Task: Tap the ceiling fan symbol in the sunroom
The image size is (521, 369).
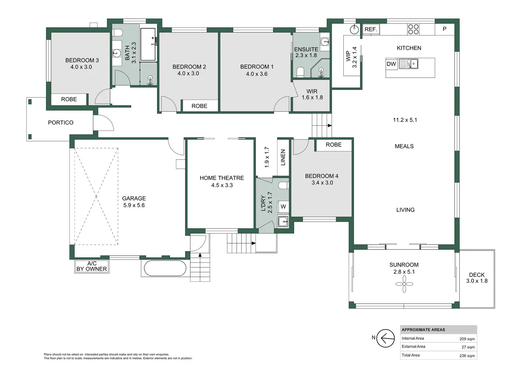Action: coord(404,284)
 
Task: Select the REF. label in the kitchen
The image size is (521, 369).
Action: coord(371,29)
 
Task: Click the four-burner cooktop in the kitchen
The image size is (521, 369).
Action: coord(413,29)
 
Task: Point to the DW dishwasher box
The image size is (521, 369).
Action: coord(391,64)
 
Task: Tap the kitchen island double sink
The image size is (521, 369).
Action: coord(409,64)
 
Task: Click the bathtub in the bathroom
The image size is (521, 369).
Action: coord(148,45)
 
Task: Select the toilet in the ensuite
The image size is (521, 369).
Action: coord(300,72)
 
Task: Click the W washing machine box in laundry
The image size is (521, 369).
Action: coord(283,207)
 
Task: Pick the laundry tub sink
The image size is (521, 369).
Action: coord(283,222)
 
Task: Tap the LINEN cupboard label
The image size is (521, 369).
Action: coord(283,157)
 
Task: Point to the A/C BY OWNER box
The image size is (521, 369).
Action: coord(92,267)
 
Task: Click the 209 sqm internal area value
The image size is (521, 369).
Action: coord(467,339)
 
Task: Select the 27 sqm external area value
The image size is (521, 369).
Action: coord(468,347)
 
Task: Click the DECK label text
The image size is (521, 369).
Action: coord(477,275)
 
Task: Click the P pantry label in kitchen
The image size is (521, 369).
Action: coord(445,29)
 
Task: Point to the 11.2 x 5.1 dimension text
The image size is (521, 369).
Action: coord(405,120)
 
